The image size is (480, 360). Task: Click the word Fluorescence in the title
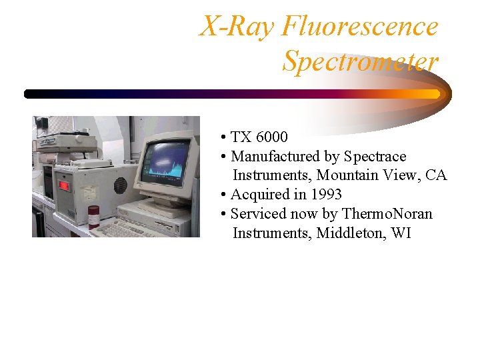coord(359,27)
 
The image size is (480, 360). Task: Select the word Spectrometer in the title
coord(360,61)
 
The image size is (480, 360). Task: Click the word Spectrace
coord(375,157)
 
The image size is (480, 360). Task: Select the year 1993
coord(326,195)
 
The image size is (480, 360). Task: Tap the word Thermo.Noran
coord(387,214)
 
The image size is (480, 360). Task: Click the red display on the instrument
coord(65,185)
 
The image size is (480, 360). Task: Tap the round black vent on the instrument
coord(120,185)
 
